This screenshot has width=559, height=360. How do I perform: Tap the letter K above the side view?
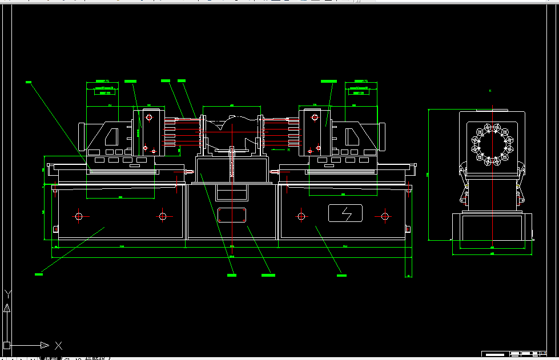tap(490, 91)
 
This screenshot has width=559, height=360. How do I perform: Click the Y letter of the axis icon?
tap(7, 294)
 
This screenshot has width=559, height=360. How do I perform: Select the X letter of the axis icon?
tap(58, 345)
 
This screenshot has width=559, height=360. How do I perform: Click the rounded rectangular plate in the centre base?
tap(232, 215)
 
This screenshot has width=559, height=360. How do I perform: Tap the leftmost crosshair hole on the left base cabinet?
tap(79, 216)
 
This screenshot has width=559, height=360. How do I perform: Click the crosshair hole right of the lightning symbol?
tap(385, 216)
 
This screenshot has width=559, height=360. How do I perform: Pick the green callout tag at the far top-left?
tap(29, 82)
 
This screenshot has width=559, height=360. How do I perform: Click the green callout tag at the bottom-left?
tap(39, 274)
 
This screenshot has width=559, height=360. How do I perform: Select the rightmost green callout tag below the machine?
tap(341, 275)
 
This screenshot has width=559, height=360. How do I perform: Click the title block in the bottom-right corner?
tap(519, 353)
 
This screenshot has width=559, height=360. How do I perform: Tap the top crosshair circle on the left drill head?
tap(148, 118)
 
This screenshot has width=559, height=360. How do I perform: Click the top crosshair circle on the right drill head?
tap(313, 118)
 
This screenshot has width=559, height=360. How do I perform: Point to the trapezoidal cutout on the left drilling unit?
tap(112, 137)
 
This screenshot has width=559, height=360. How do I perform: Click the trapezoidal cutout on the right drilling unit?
tap(352, 136)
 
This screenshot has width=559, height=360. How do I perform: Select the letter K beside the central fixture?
tap(289, 149)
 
